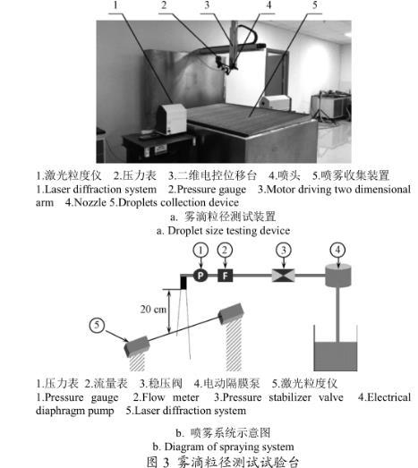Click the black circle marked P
[x=200, y=276]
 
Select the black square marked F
[x=226, y=276]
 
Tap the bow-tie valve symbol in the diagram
[x=284, y=276]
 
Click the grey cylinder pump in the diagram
[x=337, y=276]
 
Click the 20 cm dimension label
[x=153, y=310]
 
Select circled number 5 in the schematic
[x=97, y=325]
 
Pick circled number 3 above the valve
[x=284, y=251]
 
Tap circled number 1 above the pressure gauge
[x=200, y=251]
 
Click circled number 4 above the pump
[x=337, y=250]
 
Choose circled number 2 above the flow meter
[x=225, y=251]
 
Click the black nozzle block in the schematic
[x=183, y=283]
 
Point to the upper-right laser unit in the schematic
[x=231, y=314]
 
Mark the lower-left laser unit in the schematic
[x=137, y=346]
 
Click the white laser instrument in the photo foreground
[x=171, y=119]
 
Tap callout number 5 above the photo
[x=315, y=5]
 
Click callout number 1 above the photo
[x=115, y=5]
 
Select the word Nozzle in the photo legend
[x=90, y=202]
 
